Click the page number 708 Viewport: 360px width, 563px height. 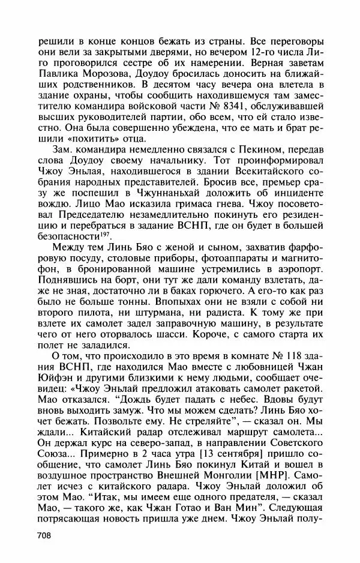click(x=46, y=535)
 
